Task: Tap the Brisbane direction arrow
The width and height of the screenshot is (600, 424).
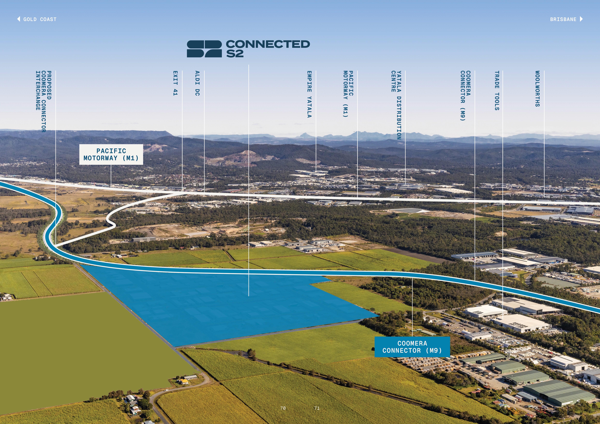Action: (581, 19)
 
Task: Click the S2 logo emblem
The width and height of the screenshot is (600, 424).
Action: (204, 49)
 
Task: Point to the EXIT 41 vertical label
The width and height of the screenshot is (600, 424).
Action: (175, 83)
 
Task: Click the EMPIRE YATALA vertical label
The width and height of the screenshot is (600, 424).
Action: (309, 94)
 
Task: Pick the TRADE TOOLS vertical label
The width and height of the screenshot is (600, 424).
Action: (497, 90)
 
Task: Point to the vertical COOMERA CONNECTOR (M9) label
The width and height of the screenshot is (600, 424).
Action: (465, 96)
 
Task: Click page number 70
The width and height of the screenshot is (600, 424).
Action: (283, 408)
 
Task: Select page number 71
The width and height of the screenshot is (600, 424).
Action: (317, 408)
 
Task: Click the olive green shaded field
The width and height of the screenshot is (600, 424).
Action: (78, 352)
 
